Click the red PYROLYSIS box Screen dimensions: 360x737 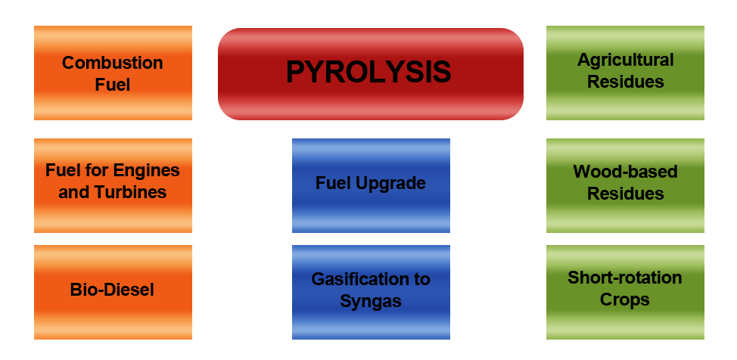coord(369,73)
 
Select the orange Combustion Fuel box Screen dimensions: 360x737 coord(113,73)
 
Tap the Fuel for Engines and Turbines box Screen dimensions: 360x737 coord(113,182)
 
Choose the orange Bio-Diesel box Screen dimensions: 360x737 coord(113,290)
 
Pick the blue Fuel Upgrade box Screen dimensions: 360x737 coord(371,184)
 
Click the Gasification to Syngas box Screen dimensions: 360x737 coord(371,290)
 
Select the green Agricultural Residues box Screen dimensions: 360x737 coord(625,71)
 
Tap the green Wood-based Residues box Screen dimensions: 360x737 coord(625,183)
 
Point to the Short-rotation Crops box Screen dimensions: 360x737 coord(625,289)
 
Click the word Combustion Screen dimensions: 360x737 coord(113,63)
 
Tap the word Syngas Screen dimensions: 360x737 coord(371,302)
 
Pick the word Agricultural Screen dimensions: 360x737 coord(625,60)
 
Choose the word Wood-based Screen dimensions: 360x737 coord(625,172)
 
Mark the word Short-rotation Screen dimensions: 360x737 coord(625,278)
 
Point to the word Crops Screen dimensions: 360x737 coord(625,300)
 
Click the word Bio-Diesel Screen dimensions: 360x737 coord(113,290)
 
